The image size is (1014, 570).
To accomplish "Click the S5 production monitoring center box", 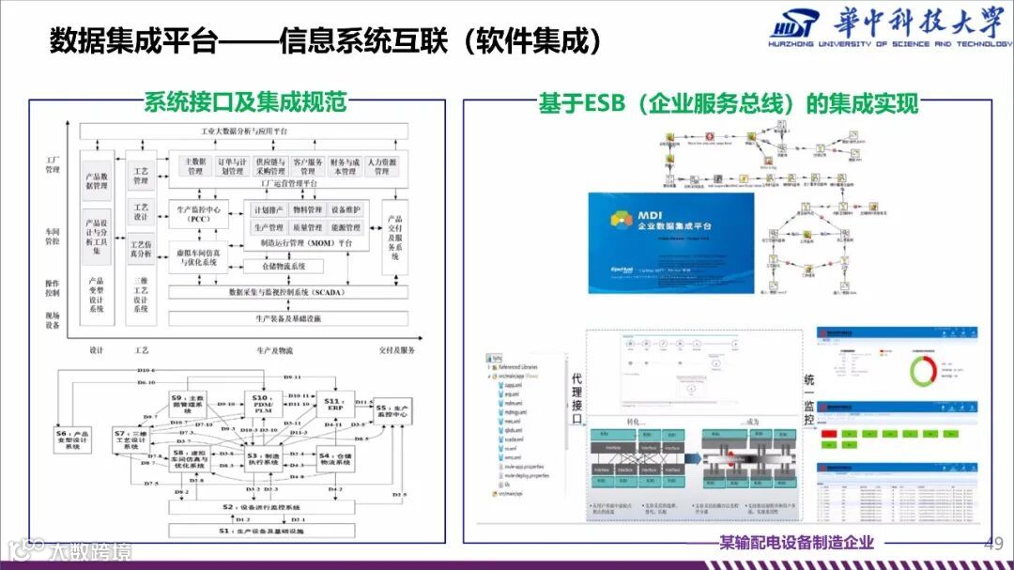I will [x=392, y=412].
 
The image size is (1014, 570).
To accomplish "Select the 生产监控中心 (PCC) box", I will [x=198, y=214].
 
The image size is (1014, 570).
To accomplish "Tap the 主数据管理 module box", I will [x=194, y=166].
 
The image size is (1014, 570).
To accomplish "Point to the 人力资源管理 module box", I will [x=381, y=166].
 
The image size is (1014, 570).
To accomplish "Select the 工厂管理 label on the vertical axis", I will [x=52, y=164].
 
